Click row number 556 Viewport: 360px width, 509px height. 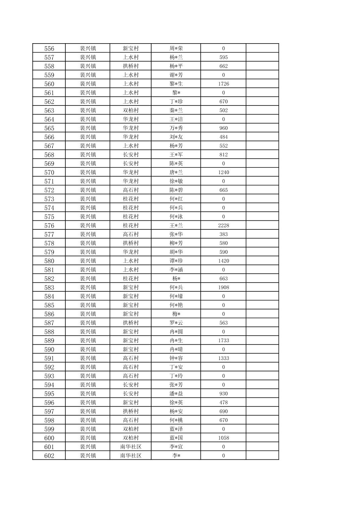[x=49, y=49]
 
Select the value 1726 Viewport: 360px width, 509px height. [x=224, y=84]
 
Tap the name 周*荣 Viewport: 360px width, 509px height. [x=176, y=49]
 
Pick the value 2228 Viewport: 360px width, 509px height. [x=224, y=226]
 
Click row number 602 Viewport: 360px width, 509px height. [x=49, y=456]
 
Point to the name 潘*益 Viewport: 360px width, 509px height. [x=176, y=394]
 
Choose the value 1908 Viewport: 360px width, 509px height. [x=224, y=288]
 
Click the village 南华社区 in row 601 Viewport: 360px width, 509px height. [x=131, y=447]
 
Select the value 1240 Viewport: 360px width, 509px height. [x=224, y=172]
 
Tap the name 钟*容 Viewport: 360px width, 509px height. [x=176, y=358]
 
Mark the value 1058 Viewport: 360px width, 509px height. [x=224, y=438]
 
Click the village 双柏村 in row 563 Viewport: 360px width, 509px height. [x=131, y=111]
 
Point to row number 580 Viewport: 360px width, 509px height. [x=49, y=261]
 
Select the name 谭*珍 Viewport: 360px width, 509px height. [x=176, y=261]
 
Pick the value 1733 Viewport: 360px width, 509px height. [x=224, y=341]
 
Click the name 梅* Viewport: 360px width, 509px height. [x=176, y=314]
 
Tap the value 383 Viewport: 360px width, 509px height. [x=224, y=234]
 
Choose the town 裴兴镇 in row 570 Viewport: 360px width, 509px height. [x=88, y=172]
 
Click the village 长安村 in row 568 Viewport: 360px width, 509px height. [x=131, y=155]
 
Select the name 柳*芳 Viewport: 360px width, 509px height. [x=176, y=243]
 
